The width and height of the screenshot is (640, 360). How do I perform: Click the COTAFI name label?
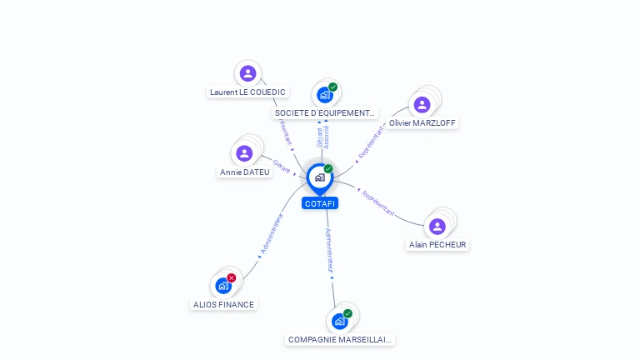320,203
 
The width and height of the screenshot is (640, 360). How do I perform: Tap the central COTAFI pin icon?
319,177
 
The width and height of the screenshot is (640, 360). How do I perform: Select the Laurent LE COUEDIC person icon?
247,73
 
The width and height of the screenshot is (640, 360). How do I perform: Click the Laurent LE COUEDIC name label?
247,92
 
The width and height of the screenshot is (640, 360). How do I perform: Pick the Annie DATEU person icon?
244,153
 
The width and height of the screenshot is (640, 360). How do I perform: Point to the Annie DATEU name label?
245,172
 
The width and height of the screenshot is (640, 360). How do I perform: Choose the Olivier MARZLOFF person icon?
422,104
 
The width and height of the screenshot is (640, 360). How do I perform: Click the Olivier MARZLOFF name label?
423,123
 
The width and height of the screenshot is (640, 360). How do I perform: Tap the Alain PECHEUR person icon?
437,226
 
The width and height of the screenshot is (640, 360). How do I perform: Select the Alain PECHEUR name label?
437,245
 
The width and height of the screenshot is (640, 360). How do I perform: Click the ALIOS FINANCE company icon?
222,286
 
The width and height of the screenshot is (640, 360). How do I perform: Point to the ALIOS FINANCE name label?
223,305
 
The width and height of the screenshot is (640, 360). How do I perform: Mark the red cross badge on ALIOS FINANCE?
232,277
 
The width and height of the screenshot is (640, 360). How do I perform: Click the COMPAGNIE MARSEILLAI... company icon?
339,321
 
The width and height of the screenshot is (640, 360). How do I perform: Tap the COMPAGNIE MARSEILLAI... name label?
340,340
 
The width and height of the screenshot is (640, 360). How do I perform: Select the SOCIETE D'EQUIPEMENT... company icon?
324,94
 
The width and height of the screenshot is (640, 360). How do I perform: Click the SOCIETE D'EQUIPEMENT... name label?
325,112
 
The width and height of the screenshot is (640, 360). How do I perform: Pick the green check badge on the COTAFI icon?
328,169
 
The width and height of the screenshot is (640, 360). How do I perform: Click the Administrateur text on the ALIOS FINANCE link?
272,233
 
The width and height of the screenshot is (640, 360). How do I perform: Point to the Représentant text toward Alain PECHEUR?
377,202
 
